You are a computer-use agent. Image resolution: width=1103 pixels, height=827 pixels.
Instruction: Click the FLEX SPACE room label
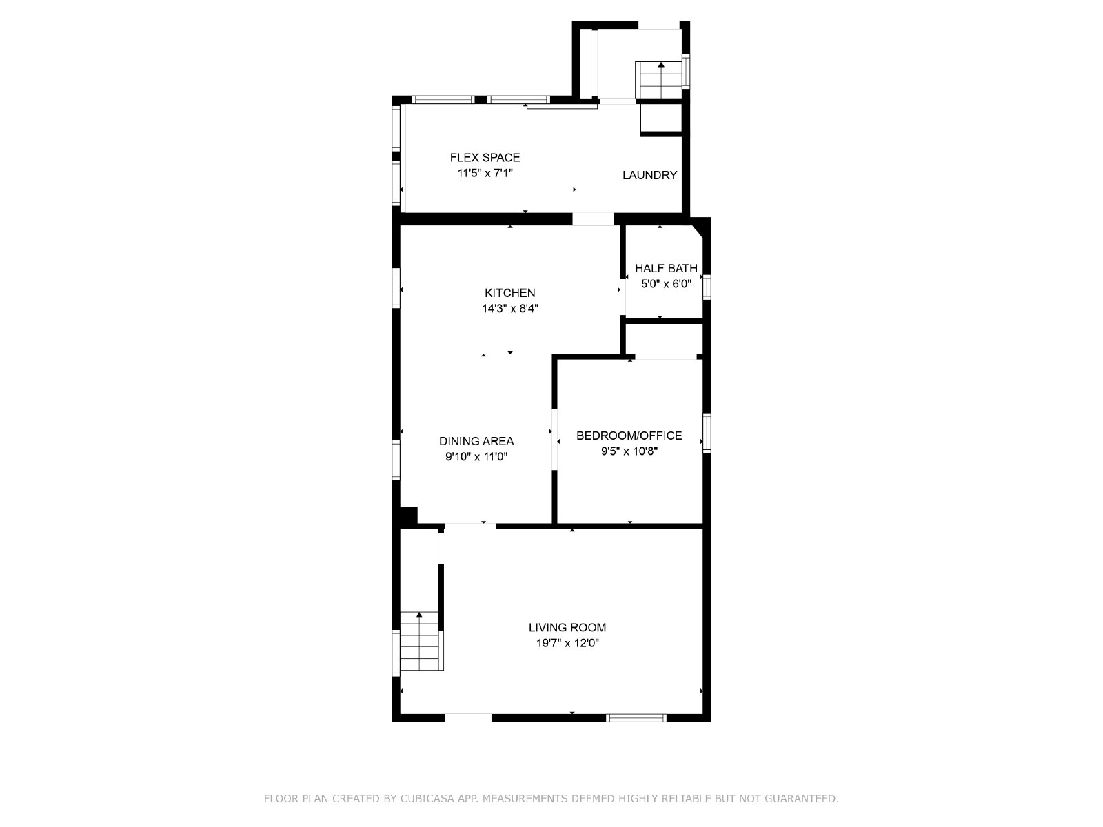(485, 158)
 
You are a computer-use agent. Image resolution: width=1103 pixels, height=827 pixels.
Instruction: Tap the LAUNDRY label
(649, 175)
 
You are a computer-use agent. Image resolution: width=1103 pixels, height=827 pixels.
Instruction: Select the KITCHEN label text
(509, 293)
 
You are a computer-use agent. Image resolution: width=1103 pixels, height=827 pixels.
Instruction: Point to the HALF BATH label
(666, 268)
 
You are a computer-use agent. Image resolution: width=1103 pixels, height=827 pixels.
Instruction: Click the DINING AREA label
(476, 441)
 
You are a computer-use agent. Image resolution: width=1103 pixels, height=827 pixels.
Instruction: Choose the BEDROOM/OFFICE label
(629, 436)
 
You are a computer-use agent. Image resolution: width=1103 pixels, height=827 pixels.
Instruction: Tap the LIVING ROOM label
(567, 627)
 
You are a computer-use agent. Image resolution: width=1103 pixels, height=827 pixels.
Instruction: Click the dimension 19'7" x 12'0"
(567, 643)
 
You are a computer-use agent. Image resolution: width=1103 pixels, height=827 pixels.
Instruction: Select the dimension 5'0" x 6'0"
(666, 284)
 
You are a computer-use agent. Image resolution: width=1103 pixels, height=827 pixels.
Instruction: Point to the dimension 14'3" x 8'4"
(509, 308)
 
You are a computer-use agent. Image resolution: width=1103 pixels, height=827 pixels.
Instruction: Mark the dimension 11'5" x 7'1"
(485, 173)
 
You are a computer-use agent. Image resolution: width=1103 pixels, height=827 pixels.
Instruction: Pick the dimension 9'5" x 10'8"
(629, 451)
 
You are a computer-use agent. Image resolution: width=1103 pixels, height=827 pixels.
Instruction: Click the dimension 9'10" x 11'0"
(476, 457)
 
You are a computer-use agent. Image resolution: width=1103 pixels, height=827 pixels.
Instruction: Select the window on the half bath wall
(707, 287)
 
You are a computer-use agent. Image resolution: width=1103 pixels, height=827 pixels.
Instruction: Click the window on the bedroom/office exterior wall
(707, 433)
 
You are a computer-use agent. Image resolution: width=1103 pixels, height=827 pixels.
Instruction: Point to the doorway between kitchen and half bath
(623, 297)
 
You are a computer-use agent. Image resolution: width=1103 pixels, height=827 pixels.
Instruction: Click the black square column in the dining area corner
(409, 515)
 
